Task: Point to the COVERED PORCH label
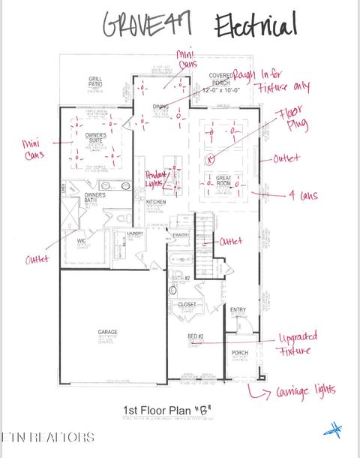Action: [x=221, y=78]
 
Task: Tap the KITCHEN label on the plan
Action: [x=156, y=203]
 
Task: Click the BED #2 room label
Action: [x=197, y=337]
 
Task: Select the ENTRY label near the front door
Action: [x=238, y=309]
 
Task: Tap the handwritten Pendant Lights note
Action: [x=156, y=177]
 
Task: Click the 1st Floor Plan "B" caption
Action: [x=166, y=410]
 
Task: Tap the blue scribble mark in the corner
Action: [x=333, y=430]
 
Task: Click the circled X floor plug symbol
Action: [x=211, y=158]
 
